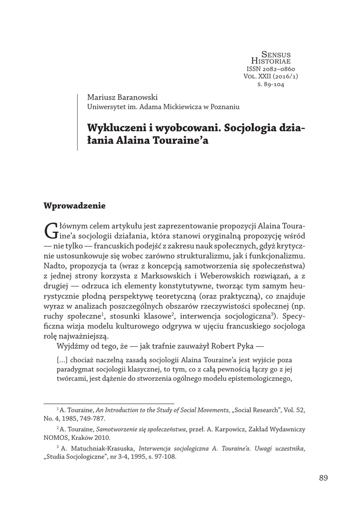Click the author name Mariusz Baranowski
pos(122,97)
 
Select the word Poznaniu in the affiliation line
pos(225,107)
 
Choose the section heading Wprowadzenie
pos(75,205)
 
